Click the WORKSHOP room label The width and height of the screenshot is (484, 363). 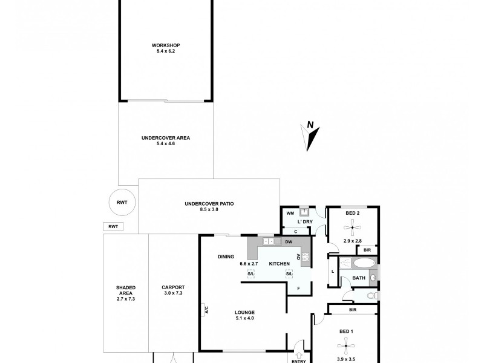(166, 45)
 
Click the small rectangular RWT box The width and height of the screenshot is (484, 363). (113, 226)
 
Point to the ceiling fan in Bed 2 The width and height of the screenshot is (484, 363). (352, 228)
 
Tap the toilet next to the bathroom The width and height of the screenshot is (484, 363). (371, 295)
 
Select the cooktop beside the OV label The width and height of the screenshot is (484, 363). (306, 257)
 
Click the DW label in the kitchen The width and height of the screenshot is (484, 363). (289, 243)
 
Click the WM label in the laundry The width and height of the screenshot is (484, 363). (289, 213)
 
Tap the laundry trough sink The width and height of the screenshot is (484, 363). (306, 212)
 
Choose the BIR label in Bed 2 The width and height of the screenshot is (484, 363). (367, 249)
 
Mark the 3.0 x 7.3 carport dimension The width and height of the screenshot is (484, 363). (173, 293)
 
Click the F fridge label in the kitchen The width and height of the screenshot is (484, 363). (298, 288)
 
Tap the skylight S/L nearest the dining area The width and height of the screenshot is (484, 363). (251, 274)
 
